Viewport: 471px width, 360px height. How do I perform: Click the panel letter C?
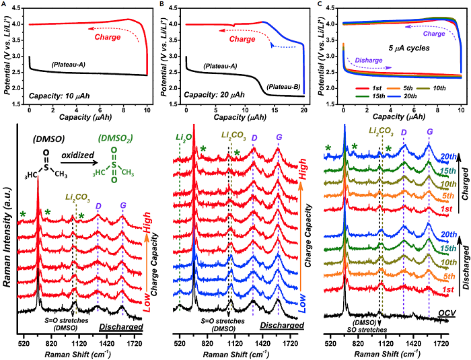[x=320, y=5]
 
